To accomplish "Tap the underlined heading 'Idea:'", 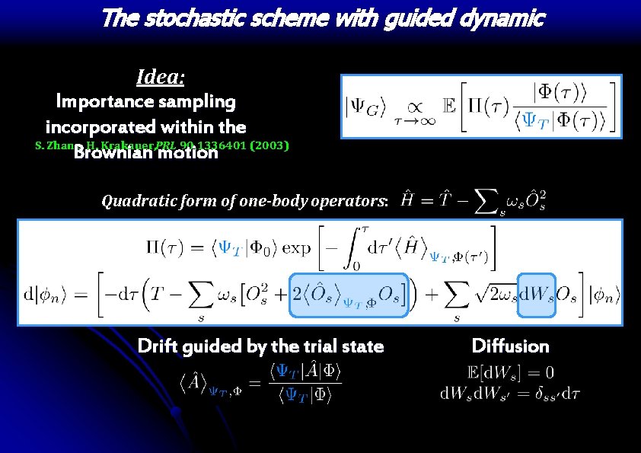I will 160,76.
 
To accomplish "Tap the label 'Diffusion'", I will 510,346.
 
